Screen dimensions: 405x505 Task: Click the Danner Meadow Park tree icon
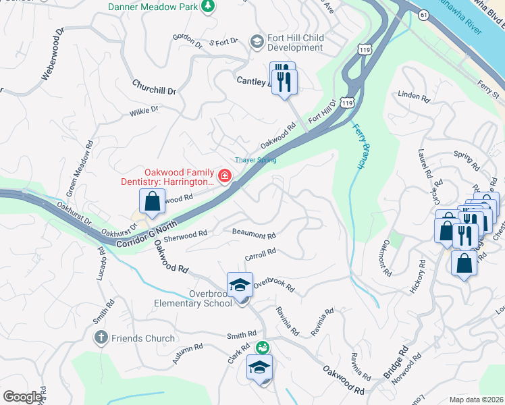(x=209, y=6)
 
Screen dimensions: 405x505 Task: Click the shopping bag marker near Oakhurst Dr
(x=152, y=201)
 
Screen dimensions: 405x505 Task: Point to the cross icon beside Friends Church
(x=101, y=338)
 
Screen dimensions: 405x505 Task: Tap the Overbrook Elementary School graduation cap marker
(x=240, y=285)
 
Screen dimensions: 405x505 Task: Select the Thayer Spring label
(x=255, y=160)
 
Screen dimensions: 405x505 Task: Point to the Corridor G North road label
(x=146, y=234)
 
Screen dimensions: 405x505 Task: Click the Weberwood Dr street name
(x=53, y=55)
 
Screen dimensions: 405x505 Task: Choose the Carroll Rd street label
(x=261, y=254)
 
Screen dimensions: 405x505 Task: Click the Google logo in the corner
(x=22, y=396)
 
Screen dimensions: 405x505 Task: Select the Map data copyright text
(x=476, y=400)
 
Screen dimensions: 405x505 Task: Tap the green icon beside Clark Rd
(x=261, y=347)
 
